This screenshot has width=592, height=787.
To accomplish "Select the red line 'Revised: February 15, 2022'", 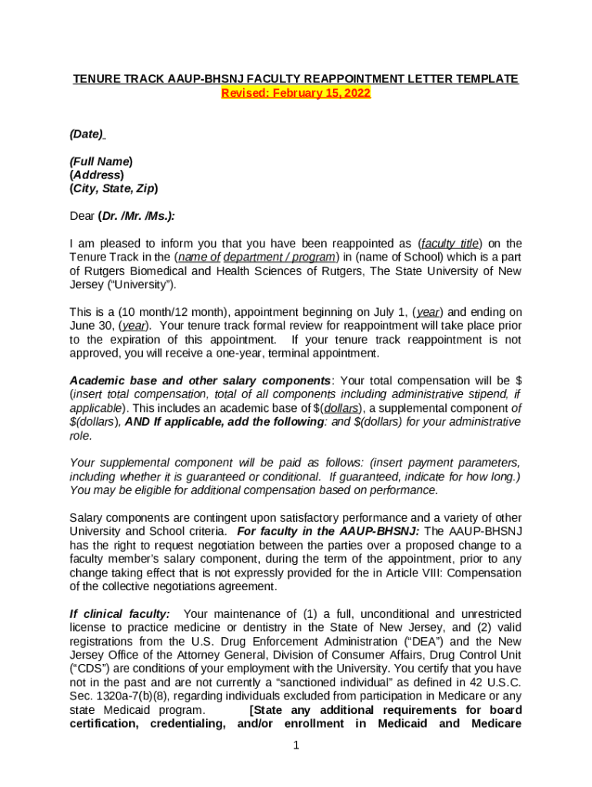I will click(x=296, y=94).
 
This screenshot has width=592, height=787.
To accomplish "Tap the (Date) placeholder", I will click(x=86, y=134).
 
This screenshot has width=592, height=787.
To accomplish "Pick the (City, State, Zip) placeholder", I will click(x=114, y=188).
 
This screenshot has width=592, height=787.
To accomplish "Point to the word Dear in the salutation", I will click(x=82, y=216).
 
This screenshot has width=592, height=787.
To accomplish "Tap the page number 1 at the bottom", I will click(x=296, y=745).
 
